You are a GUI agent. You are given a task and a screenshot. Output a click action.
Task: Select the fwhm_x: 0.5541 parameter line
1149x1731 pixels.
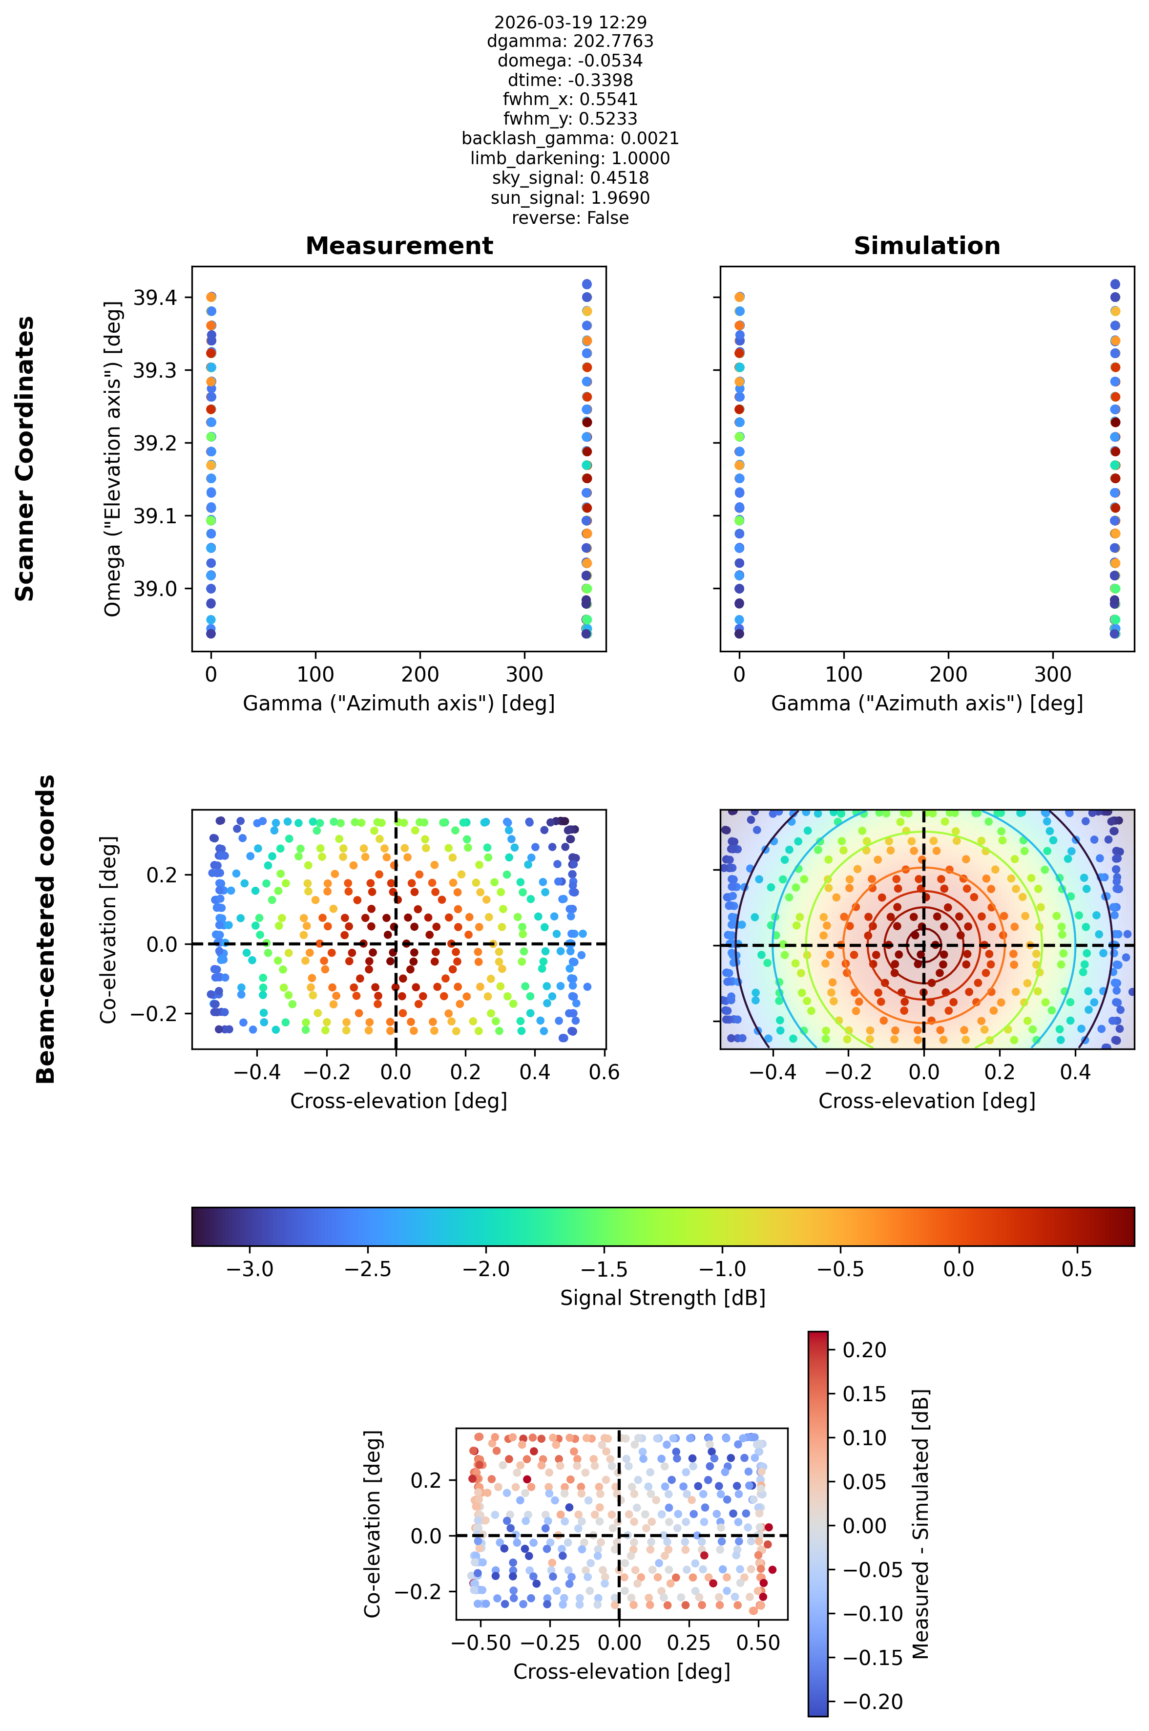click(x=570, y=99)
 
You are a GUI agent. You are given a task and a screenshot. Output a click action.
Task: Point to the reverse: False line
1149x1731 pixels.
click(x=570, y=218)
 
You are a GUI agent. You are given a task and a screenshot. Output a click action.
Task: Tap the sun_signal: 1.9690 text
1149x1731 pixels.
click(x=570, y=198)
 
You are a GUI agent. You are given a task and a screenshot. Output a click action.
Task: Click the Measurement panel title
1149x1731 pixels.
click(x=399, y=246)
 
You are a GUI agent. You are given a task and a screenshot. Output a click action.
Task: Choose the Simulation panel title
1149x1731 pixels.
click(x=927, y=246)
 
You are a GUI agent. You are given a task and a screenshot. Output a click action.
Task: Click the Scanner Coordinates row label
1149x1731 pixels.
click(x=25, y=458)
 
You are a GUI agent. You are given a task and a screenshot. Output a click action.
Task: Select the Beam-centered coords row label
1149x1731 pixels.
click(x=45, y=929)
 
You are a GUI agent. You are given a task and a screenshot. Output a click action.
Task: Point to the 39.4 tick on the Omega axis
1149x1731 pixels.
click(x=154, y=297)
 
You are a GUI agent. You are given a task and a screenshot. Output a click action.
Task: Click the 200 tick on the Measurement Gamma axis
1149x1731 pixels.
click(x=420, y=675)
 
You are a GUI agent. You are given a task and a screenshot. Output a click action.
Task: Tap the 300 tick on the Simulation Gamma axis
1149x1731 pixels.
click(x=1053, y=675)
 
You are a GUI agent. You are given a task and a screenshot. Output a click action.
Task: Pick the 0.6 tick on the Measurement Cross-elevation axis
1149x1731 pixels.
click(x=604, y=1072)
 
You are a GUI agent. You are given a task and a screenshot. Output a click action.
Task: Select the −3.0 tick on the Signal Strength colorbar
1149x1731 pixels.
click(x=250, y=1269)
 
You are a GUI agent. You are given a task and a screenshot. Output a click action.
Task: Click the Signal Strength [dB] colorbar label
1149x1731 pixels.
click(x=663, y=1298)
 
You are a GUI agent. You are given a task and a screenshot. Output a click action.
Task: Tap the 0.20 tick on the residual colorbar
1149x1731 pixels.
click(x=865, y=1350)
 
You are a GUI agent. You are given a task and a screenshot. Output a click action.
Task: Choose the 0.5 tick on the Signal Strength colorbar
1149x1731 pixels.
click(x=1076, y=1269)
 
